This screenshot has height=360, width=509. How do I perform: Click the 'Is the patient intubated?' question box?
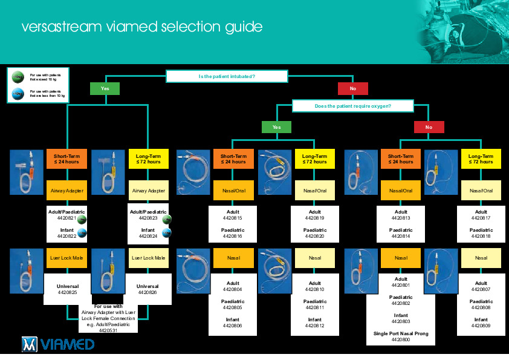coord(227,76)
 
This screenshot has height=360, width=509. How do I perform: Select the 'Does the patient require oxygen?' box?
coord(353,106)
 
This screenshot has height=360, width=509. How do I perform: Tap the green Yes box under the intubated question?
coord(105,88)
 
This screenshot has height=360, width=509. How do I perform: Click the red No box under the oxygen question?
coord(429,127)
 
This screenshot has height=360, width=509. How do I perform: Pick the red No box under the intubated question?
coord(353,88)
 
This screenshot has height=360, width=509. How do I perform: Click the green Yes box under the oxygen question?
coord(276,127)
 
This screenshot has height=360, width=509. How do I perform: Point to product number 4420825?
coord(68,293)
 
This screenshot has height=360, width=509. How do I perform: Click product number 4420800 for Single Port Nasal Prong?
coord(401,340)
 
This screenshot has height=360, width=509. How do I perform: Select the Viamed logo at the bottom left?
coord(58,344)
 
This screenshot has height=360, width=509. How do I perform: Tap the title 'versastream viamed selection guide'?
coord(142,27)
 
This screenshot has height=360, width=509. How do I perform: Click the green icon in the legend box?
coord(18,76)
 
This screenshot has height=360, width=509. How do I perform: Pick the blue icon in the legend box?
coord(18,93)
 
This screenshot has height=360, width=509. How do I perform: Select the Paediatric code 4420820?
coord(314,237)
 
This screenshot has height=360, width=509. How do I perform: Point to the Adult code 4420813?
coord(401,218)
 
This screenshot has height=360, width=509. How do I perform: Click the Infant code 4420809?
coord(481,326)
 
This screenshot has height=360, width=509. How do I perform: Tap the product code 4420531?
coord(108,330)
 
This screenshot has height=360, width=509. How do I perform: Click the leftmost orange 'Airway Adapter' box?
coord(67,191)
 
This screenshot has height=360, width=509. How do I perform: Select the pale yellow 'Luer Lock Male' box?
coord(148,258)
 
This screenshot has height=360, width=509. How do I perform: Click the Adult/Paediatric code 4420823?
coord(148,218)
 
